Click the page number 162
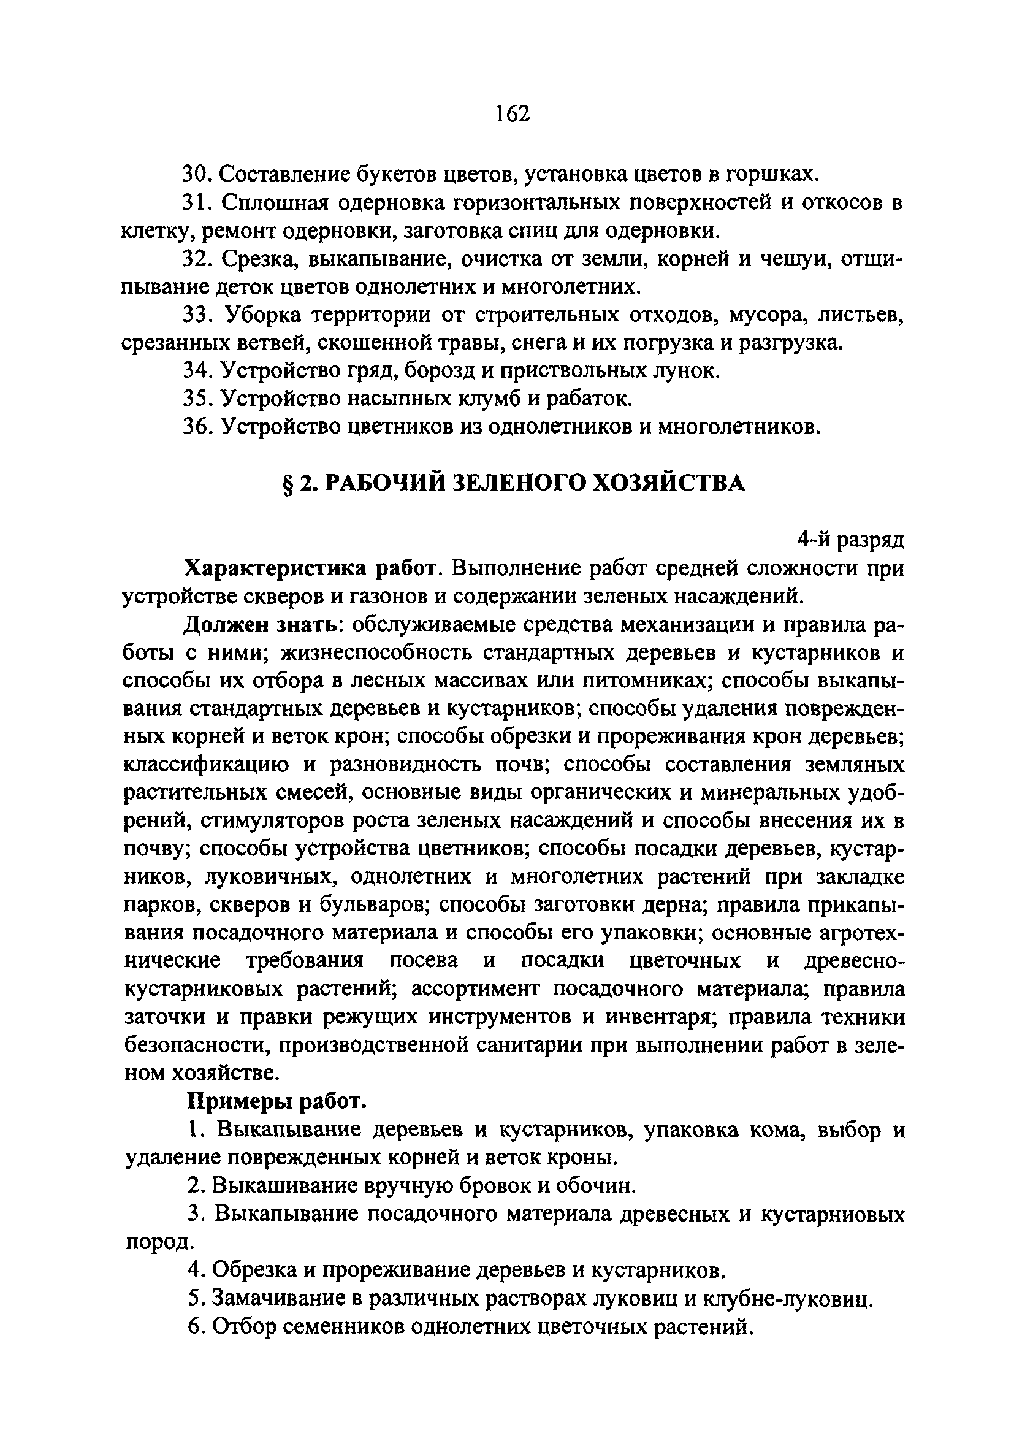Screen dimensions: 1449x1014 pos(511,113)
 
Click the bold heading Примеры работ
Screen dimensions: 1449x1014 pos(277,1101)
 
